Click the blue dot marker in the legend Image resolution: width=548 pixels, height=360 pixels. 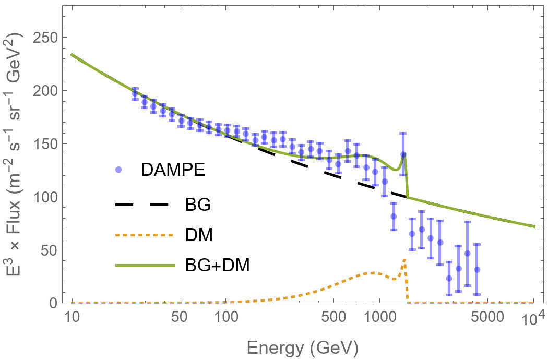point(118,170)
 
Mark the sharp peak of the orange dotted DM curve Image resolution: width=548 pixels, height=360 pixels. point(404,259)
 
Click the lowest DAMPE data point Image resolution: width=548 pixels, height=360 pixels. point(449,279)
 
